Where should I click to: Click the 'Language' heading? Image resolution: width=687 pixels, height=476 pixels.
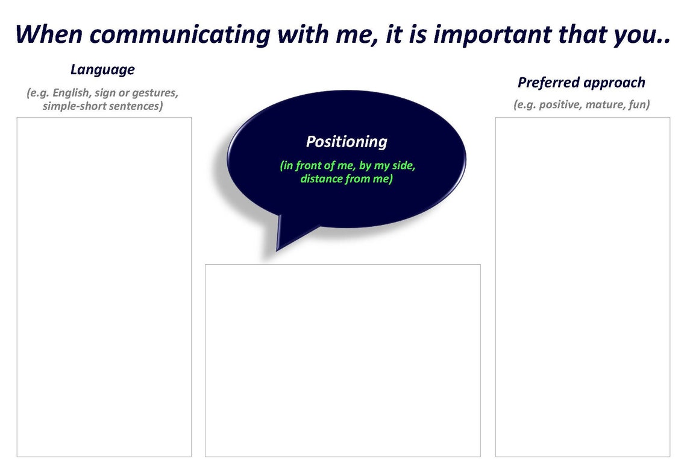[x=102, y=69]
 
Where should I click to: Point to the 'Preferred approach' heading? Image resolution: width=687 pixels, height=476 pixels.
[x=582, y=83]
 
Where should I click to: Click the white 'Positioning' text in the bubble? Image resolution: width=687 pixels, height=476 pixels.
[x=347, y=142]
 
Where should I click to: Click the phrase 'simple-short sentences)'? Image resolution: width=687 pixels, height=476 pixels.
[x=103, y=106]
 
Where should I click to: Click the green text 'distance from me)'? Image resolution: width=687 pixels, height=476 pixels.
[x=347, y=179]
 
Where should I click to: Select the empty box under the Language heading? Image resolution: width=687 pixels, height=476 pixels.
[x=104, y=287]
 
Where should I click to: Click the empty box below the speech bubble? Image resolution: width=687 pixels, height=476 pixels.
[x=342, y=360]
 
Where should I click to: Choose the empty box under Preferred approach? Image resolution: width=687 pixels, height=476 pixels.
[x=582, y=287]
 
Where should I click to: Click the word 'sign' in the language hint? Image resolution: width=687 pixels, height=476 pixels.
[x=105, y=94]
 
